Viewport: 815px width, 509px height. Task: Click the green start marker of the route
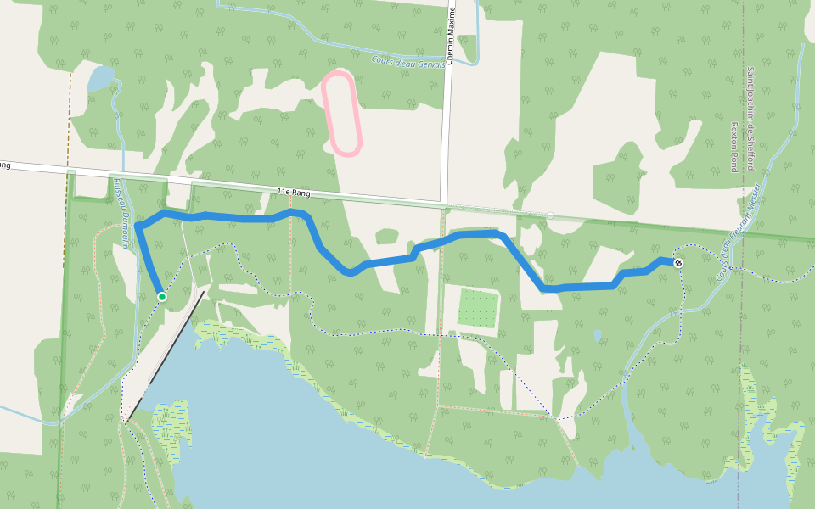click(162, 296)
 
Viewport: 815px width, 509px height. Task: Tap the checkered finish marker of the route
click(678, 263)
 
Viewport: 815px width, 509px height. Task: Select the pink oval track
click(342, 114)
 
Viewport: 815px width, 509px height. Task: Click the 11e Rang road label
click(294, 193)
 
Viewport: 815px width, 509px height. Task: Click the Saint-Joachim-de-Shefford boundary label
click(750, 119)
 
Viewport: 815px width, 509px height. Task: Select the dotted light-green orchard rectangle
click(477, 308)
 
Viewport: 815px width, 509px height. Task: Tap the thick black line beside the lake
click(166, 355)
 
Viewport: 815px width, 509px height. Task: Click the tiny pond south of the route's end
click(598, 335)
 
